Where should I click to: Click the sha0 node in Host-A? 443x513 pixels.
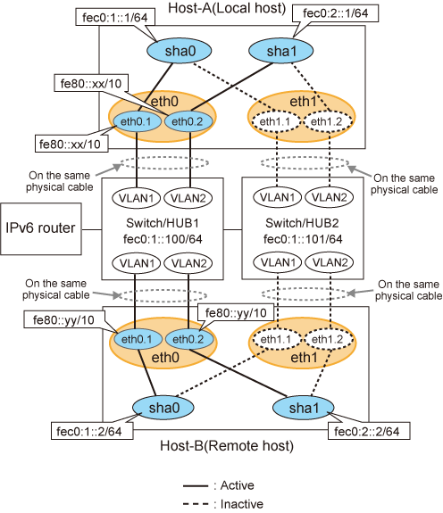[179, 51]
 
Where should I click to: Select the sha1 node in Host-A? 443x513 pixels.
[281, 51]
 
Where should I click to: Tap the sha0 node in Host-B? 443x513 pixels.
[163, 408]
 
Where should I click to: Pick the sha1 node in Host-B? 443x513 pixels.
[303, 408]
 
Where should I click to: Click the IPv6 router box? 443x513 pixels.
[40, 228]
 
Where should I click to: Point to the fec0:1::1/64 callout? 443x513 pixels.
[115, 17]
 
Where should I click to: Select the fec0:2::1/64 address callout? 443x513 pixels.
[335, 13]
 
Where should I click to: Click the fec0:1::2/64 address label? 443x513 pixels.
[92, 431]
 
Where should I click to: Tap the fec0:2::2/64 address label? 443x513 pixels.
[369, 431]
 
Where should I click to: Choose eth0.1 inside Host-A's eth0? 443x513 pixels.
[137, 121]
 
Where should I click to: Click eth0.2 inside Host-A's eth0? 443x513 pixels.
[188, 121]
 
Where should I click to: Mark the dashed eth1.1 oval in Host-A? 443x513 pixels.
[276, 121]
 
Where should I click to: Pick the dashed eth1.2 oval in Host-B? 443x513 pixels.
[329, 340]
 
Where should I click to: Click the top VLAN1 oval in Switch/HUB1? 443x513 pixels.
[137, 198]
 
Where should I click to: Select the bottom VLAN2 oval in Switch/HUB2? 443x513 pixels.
[330, 262]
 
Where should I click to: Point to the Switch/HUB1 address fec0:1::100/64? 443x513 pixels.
[163, 239]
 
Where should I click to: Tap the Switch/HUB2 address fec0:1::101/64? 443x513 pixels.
[303, 239]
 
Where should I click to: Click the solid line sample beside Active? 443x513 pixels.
[196, 486]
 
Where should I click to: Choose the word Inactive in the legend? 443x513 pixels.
[242, 504]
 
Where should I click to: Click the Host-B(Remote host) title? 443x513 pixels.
[227, 446]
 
